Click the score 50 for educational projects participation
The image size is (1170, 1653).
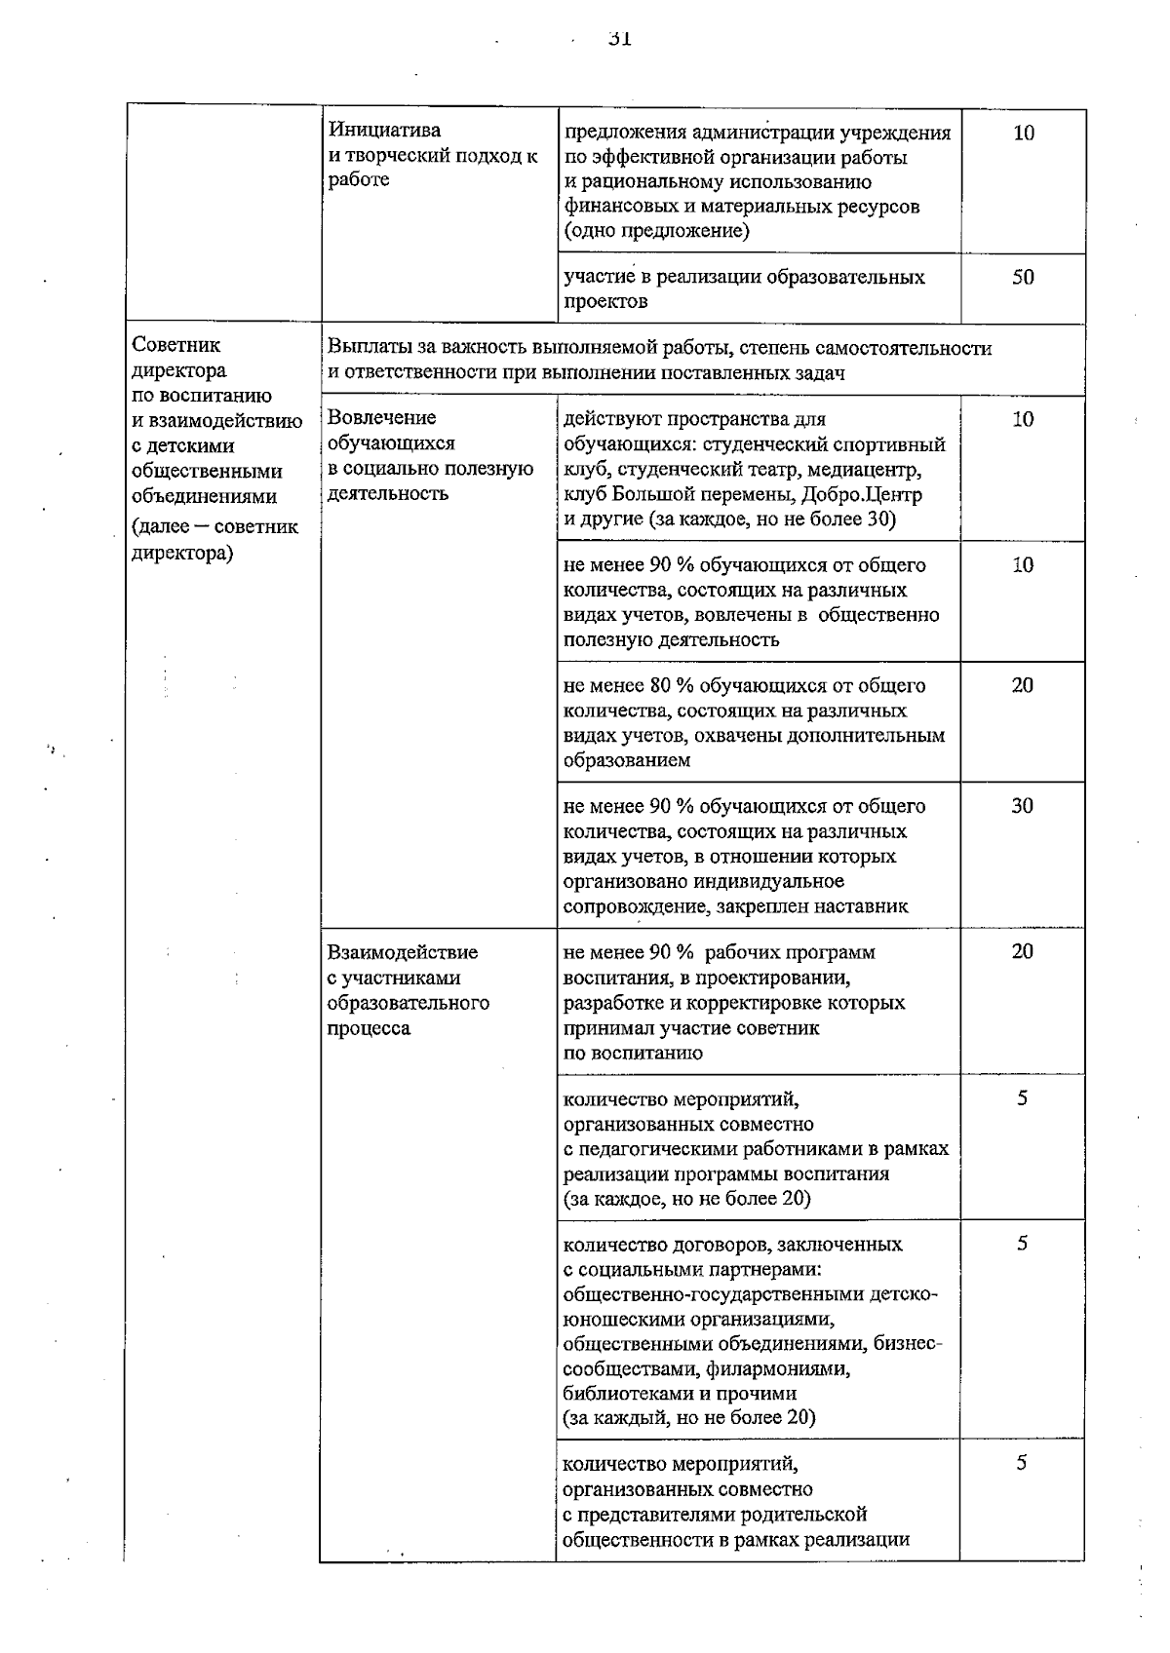point(1023,277)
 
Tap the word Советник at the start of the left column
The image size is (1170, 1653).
point(176,345)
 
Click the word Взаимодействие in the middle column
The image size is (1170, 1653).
point(403,952)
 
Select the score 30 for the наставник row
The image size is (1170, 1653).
point(1022,806)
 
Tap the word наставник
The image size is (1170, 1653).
point(861,906)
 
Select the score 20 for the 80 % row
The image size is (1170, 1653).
point(1022,685)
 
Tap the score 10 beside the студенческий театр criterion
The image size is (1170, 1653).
point(1023,419)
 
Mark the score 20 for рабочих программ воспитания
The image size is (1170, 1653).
point(1022,951)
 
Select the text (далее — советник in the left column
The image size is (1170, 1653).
point(215,527)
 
